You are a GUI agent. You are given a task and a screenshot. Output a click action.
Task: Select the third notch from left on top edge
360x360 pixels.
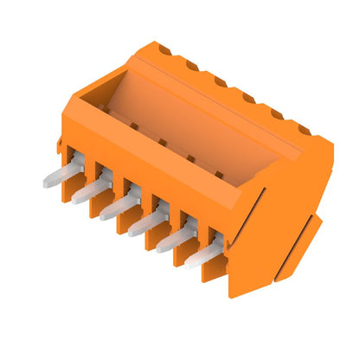(219, 81)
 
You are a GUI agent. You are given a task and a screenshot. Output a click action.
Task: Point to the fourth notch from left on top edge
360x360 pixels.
(247, 97)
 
